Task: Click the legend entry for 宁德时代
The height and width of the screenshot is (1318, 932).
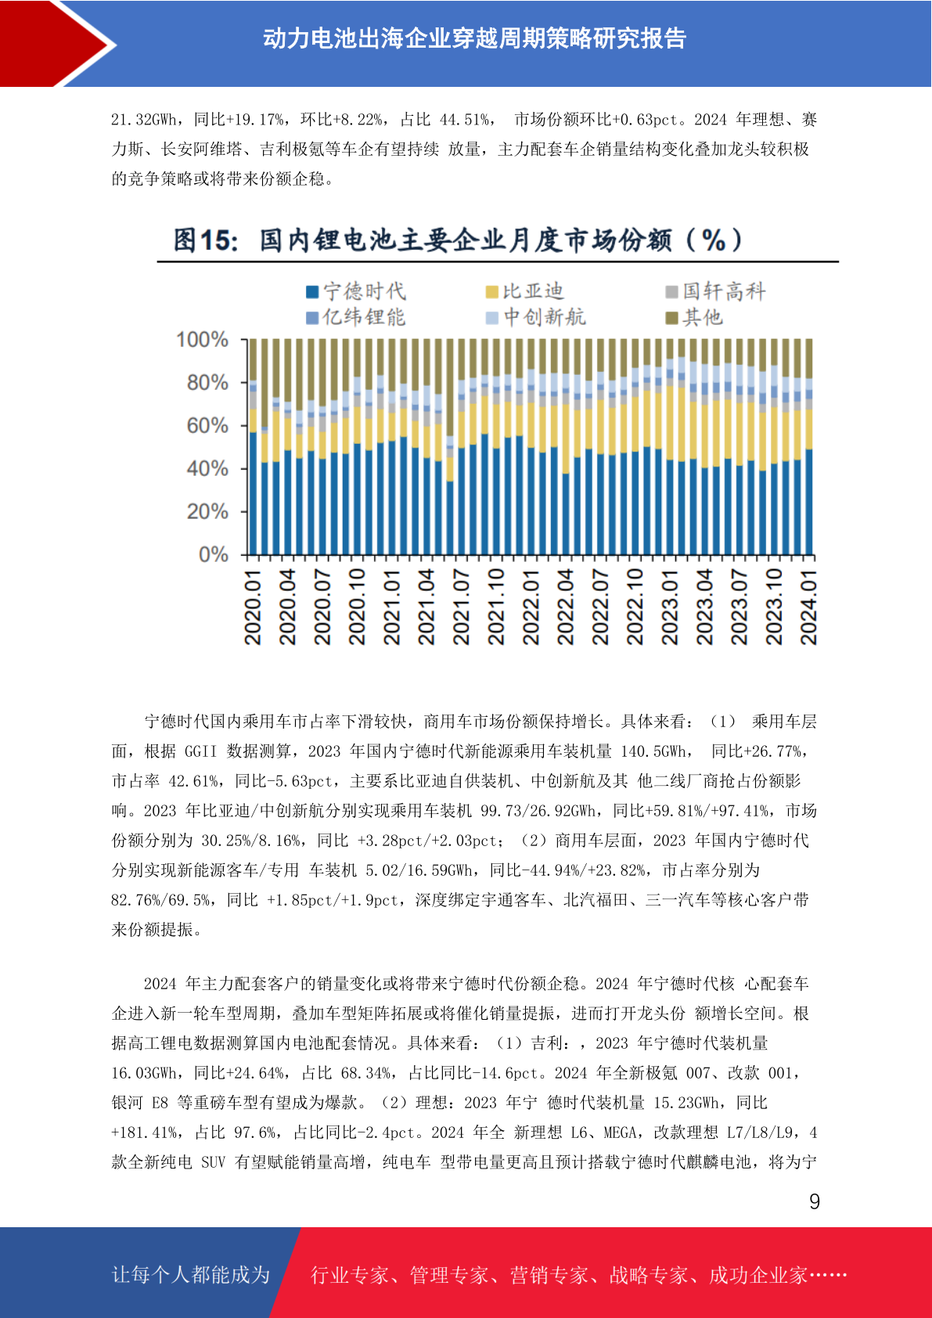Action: pyautogui.click(x=356, y=291)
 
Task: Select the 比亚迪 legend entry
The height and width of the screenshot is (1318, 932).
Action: pyautogui.click(x=524, y=291)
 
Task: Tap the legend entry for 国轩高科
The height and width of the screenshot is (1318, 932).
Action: pyautogui.click(x=715, y=291)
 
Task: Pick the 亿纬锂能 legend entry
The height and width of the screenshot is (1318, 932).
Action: pyautogui.click(x=356, y=318)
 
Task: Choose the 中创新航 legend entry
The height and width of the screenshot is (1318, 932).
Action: pyautogui.click(x=535, y=318)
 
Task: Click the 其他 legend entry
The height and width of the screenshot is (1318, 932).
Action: pyautogui.click(x=693, y=318)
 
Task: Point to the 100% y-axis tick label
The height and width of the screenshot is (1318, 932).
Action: pyautogui.click(x=202, y=340)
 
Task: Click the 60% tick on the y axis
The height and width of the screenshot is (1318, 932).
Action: pyautogui.click(x=207, y=426)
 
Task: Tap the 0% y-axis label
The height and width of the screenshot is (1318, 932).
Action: pyautogui.click(x=213, y=554)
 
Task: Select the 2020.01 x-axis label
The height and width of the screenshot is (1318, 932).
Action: pyautogui.click(x=253, y=607)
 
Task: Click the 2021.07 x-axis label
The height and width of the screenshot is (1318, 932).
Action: pyautogui.click(x=461, y=607)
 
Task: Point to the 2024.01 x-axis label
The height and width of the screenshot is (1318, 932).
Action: pyautogui.click(x=808, y=607)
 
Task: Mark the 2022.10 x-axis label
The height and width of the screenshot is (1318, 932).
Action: pyautogui.click(x=635, y=607)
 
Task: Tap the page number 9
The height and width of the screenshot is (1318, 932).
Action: pyautogui.click(x=815, y=1201)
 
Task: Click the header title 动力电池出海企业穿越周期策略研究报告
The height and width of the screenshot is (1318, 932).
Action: pyautogui.click(x=474, y=39)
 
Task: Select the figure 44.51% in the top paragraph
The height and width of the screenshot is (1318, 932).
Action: pyautogui.click(x=465, y=120)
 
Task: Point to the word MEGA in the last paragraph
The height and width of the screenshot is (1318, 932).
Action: pyautogui.click(x=617, y=1133)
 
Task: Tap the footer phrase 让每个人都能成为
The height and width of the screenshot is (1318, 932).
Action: pyautogui.click(x=191, y=1274)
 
